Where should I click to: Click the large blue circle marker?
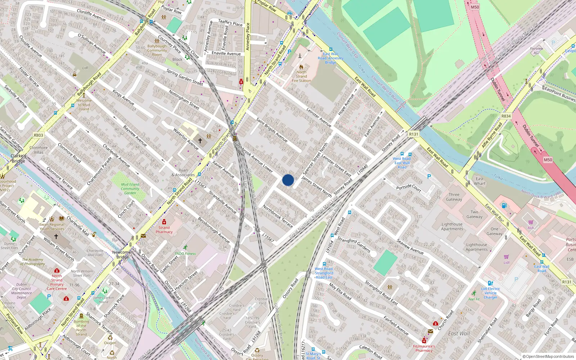coord(288,180)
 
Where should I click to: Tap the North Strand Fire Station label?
coord(301,76)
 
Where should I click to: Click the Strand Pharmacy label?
coord(164,230)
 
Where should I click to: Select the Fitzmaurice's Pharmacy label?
coord(424,348)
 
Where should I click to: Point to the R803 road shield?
coord(39,135)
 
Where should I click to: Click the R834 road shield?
coord(506,116)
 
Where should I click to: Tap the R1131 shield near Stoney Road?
coord(414,134)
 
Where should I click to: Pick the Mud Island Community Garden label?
coord(130,189)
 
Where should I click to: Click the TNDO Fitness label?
coord(185,253)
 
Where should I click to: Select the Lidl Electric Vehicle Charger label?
coord(491,293)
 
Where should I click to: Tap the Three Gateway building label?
coord(454,197)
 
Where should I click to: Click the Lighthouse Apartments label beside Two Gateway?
coord(452,226)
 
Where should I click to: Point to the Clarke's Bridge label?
coord(18,158)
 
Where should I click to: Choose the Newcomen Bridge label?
coord(123,255)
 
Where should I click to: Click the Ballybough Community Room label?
coord(157,50)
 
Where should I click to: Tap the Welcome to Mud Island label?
coord(84,105)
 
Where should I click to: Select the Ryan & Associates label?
coord(183,172)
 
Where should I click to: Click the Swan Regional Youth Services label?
coord(52,226)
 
